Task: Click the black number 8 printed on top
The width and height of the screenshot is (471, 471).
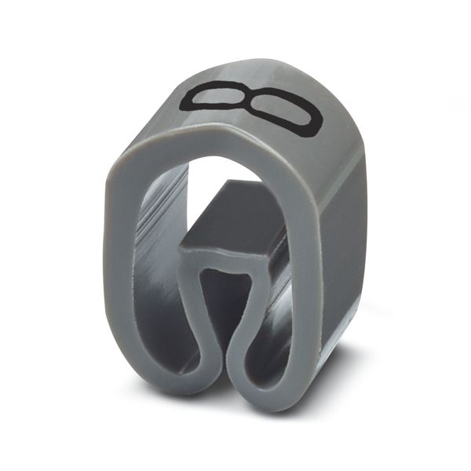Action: (x=252, y=106)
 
